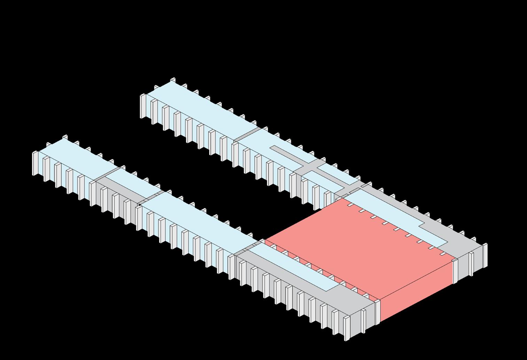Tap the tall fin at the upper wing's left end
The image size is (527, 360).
pyautogui.click(x=143, y=106)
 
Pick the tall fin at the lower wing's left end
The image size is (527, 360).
pyautogui.click(x=35, y=164)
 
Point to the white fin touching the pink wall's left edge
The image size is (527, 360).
pyautogui.click(x=378, y=312)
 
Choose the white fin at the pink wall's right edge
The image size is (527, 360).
pyautogui.click(x=455, y=272)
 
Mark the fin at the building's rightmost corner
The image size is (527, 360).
pyautogui.click(x=485, y=256)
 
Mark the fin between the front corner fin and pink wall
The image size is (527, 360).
pyautogui.click(x=363, y=320)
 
